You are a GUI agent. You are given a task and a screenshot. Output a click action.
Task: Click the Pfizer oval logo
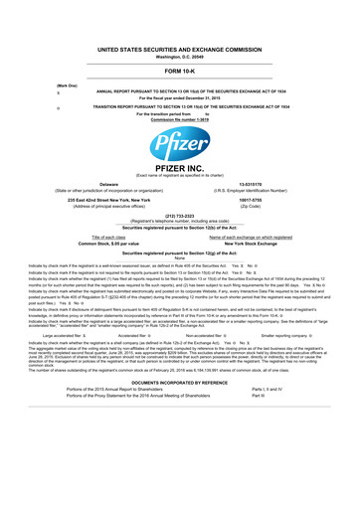click(179, 163)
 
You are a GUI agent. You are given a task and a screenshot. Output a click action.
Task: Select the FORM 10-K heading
click(179, 72)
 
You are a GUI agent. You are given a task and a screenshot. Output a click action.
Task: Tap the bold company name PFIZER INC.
click(179, 197)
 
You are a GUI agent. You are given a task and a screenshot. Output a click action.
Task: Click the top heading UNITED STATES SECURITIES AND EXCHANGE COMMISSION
click(179, 47)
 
